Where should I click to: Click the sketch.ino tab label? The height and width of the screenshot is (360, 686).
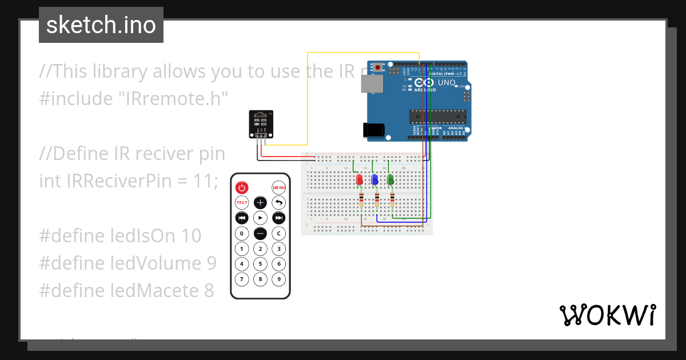point(101,25)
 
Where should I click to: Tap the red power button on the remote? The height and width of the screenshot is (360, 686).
point(242,187)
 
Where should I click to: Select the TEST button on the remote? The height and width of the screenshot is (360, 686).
point(242,203)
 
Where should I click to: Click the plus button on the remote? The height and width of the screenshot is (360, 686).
point(260,203)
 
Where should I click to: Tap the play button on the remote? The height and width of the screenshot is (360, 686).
point(260,218)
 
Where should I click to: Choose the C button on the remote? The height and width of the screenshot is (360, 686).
point(278,233)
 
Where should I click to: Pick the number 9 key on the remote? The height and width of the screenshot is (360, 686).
point(278,279)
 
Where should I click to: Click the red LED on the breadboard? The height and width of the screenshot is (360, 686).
point(360,181)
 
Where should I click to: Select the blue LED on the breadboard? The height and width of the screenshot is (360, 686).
point(375,181)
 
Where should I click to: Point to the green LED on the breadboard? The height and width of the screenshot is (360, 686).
point(391,181)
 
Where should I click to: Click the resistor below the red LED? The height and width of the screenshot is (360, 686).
point(361,201)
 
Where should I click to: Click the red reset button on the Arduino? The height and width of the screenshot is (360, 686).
point(378,67)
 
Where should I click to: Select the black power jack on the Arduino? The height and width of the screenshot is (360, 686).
point(373,130)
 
